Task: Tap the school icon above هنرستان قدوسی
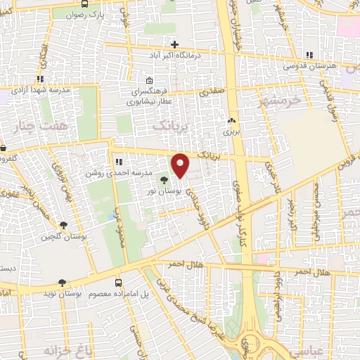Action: tap(311, 53)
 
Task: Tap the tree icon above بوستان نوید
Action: tap(63, 281)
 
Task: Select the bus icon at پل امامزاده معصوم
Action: tap(119, 281)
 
